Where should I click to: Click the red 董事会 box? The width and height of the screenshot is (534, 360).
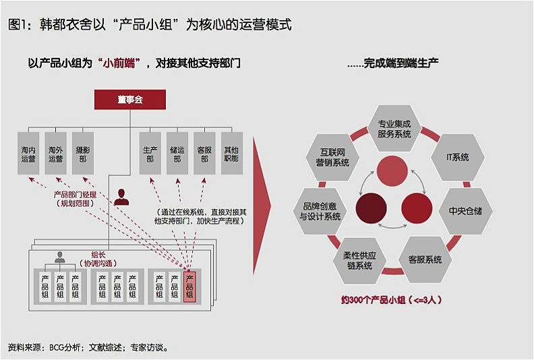pos(130,100)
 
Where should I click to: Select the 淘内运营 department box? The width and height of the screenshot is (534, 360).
pos(28,154)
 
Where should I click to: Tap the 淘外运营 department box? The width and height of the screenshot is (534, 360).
pos(55,154)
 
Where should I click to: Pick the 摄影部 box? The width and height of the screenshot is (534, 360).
pos(83,154)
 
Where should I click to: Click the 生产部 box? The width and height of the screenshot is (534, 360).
pos(150,154)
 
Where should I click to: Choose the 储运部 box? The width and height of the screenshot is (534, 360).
pos(177,154)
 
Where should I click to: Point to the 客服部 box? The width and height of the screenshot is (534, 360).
pos(204,154)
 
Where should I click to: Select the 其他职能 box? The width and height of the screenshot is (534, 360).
pos(231,154)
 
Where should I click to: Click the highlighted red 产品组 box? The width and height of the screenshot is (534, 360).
pos(189,287)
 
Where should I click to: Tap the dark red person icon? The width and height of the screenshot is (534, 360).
pos(121,198)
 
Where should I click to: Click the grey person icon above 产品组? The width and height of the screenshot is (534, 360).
pos(60,257)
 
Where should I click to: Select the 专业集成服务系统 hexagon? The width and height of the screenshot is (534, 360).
pos(394,128)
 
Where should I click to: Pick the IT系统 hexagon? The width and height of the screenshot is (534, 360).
pos(458,157)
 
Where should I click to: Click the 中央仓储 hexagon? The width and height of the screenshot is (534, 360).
pos(465,211)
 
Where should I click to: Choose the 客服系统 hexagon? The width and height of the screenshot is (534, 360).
pos(425,260)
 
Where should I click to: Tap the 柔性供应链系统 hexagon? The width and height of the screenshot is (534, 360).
pos(359,260)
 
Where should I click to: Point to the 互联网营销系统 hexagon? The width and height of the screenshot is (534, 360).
pos(332,157)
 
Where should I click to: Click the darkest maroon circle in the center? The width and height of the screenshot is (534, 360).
pos(371,208)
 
